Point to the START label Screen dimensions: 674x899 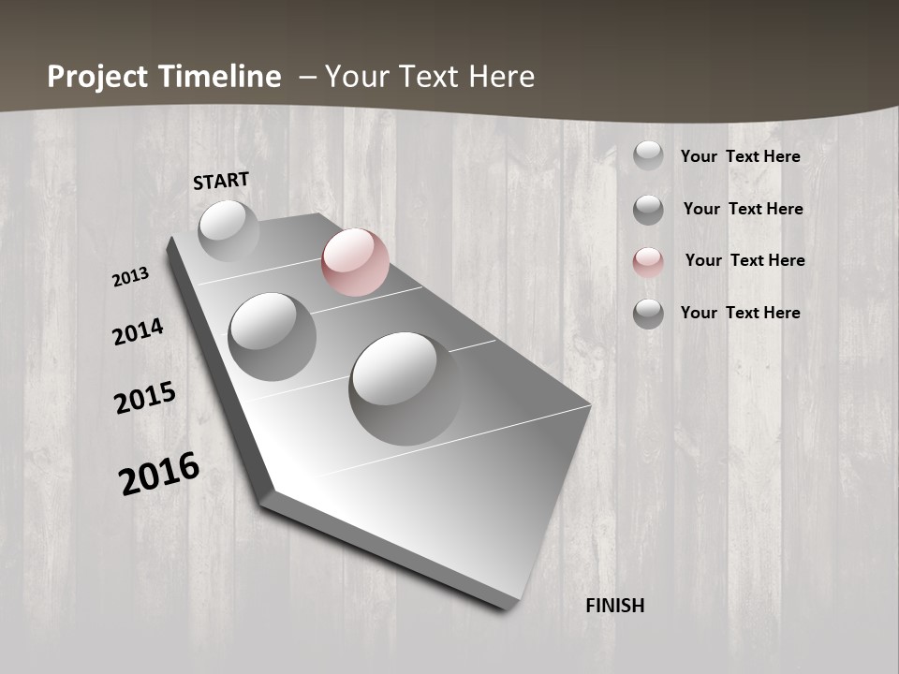click(x=221, y=181)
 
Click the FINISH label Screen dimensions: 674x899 click(x=615, y=606)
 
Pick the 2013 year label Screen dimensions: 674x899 click(x=131, y=277)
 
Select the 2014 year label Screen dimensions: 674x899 click(x=139, y=331)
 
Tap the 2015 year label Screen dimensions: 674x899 click(x=145, y=397)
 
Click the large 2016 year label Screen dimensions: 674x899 click(x=159, y=474)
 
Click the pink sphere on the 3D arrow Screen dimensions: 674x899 click(x=355, y=262)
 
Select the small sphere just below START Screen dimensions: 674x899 click(x=228, y=230)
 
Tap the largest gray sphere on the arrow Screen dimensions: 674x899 click(x=405, y=388)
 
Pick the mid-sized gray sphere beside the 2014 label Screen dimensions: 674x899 click(x=273, y=336)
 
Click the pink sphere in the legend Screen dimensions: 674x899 click(x=648, y=262)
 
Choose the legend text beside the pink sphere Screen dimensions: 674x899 click(x=744, y=260)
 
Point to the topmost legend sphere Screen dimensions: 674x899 click(x=648, y=155)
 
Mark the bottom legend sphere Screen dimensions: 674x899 click(x=648, y=314)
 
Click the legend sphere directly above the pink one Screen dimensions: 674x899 click(x=648, y=210)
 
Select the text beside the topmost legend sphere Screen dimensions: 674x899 click(x=740, y=156)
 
